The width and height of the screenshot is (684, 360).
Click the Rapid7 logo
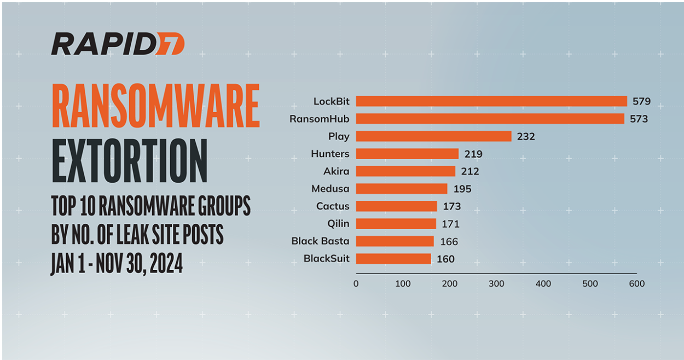click(118, 44)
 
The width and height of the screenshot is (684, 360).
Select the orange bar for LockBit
click(491, 101)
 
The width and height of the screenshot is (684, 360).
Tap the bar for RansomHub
click(490, 119)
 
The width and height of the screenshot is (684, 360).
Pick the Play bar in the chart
click(433, 136)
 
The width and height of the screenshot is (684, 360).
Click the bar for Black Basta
click(395, 241)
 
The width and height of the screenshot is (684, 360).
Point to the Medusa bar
click(401, 189)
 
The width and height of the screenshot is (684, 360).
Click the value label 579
click(641, 101)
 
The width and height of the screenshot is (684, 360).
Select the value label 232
click(525, 136)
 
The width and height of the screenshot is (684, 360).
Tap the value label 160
click(445, 259)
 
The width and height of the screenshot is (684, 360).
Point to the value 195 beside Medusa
click(462, 189)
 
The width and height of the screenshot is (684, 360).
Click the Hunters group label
click(330, 154)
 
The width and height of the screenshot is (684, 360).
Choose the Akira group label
click(336, 171)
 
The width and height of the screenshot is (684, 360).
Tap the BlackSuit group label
click(326, 259)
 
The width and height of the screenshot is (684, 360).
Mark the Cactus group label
click(333, 206)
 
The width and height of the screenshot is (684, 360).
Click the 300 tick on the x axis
click(496, 284)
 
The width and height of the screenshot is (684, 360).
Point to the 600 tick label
click(637, 284)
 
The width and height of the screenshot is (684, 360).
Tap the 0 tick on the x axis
click(356, 284)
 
